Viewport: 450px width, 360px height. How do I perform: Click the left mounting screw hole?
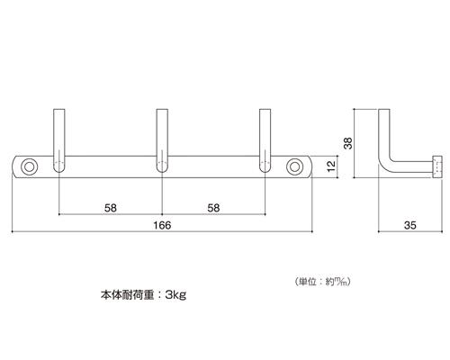[30, 166]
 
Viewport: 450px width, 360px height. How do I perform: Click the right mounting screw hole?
[294, 166]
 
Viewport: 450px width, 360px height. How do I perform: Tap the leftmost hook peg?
[59, 140]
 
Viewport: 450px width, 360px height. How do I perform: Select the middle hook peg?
[162, 140]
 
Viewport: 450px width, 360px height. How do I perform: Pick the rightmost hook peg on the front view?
[265, 140]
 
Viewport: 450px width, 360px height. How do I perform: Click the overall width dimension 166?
[162, 225]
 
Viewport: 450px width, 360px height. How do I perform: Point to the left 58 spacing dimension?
[111, 208]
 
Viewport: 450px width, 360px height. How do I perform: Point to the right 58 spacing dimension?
[213, 208]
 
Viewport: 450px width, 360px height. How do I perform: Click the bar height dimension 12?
[331, 166]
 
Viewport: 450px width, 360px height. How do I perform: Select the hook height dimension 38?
[348, 143]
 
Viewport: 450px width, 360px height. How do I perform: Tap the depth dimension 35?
[410, 225]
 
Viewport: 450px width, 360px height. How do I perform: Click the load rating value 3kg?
[175, 295]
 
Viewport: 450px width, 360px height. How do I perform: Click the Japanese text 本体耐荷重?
[127, 295]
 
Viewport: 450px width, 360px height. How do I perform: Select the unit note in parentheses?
[322, 282]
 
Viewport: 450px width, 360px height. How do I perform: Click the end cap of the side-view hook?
[437, 166]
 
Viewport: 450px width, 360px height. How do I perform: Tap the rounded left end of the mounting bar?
[15, 166]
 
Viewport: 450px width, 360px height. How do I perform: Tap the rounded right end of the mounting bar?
[309, 166]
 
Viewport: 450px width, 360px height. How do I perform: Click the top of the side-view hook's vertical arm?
[384, 109]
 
